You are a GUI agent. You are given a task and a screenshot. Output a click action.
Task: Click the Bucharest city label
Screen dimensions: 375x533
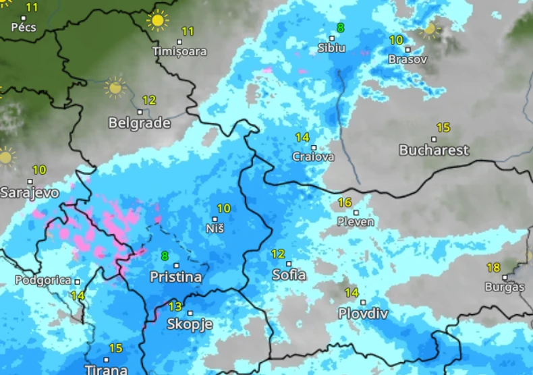pos(434,150)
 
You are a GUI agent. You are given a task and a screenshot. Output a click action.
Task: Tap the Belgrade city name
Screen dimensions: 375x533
pos(139,123)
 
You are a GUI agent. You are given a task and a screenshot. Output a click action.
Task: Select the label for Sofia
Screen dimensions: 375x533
pos(289,275)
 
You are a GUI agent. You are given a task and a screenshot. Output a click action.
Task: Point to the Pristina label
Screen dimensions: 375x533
pos(175,277)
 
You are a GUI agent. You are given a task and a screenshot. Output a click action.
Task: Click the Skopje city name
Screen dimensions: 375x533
pos(190,324)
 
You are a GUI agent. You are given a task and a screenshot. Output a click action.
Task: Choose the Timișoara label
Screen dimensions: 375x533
pos(179,51)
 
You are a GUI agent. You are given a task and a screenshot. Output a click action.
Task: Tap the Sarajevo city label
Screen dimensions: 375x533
pos(29,192)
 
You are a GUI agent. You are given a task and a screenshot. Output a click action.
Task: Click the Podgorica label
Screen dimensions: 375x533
pos(43,280)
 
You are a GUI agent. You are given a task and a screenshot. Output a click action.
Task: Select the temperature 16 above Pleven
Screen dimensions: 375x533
pos(344,202)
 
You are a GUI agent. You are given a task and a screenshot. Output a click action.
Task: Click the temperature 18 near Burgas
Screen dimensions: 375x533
pos(493,267)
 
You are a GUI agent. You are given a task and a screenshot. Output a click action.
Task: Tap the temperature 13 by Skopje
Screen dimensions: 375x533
pos(175,306)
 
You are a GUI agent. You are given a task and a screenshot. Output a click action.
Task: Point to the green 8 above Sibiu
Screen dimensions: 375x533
pos(340,28)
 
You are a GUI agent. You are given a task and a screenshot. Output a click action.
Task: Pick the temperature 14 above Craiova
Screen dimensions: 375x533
pos(302,137)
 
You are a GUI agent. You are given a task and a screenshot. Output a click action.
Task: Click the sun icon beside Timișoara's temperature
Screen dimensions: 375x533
pos(157,20)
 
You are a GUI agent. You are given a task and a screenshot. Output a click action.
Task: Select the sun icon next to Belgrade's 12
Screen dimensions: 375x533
pos(115,87)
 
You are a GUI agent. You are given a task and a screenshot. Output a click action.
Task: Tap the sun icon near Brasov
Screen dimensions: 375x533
pos(430,29)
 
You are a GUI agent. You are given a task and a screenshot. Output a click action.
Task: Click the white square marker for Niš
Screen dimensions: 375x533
pos(215,219)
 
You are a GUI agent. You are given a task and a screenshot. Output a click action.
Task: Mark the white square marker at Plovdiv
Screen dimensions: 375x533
pos(363,302)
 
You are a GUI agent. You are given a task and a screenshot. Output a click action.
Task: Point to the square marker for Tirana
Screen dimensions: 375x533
pos(106,359)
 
